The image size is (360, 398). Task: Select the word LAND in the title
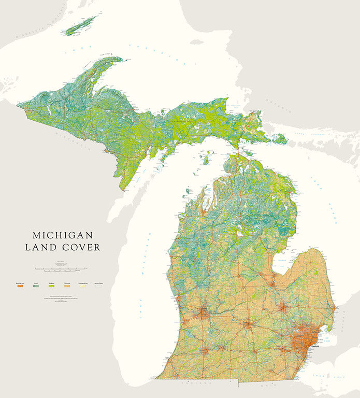click(39, 248)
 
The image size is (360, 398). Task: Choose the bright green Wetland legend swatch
click(52, 286)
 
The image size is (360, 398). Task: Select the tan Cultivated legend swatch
click(67, 286)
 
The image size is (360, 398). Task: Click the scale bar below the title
click(61, 269)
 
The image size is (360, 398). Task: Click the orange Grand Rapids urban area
click(202, 313)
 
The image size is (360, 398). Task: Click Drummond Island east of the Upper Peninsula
click(280, 139)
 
